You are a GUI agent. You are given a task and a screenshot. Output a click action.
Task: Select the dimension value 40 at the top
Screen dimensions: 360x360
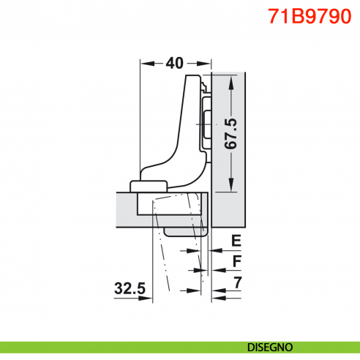pyautogui.click(x=174, y=63)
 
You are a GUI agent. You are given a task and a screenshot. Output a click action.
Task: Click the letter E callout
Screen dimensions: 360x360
pyautogui.click(x=236, y=240)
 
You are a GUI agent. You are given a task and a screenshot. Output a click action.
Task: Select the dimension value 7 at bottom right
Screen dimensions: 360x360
pyautogui.click(x=236, y=281)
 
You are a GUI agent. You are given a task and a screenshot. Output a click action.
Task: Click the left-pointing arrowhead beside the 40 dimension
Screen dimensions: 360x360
pyautogui.click(x=145, y=64)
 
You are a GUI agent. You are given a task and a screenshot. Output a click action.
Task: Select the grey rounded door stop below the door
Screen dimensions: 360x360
pyautogui.click(x=187, y=230)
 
